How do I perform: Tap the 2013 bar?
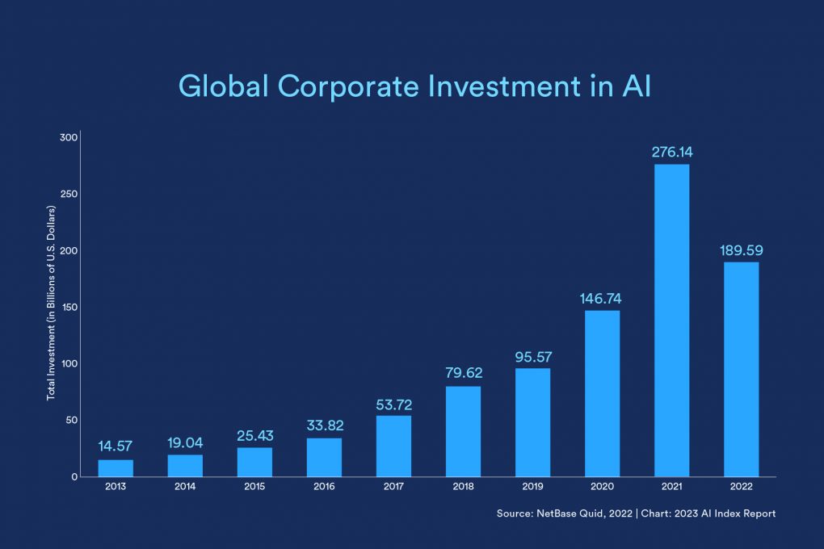116,467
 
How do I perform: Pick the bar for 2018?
463,431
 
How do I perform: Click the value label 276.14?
671,152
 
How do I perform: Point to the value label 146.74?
601,298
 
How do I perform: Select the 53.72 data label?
393,403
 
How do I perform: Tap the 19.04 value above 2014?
185,442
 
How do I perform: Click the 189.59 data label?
741,250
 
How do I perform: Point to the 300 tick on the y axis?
68,137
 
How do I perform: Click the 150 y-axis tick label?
68,307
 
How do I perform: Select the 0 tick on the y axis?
74,476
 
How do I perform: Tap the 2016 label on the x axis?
324,488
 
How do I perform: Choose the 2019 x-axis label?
532,488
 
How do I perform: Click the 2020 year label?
602,488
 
